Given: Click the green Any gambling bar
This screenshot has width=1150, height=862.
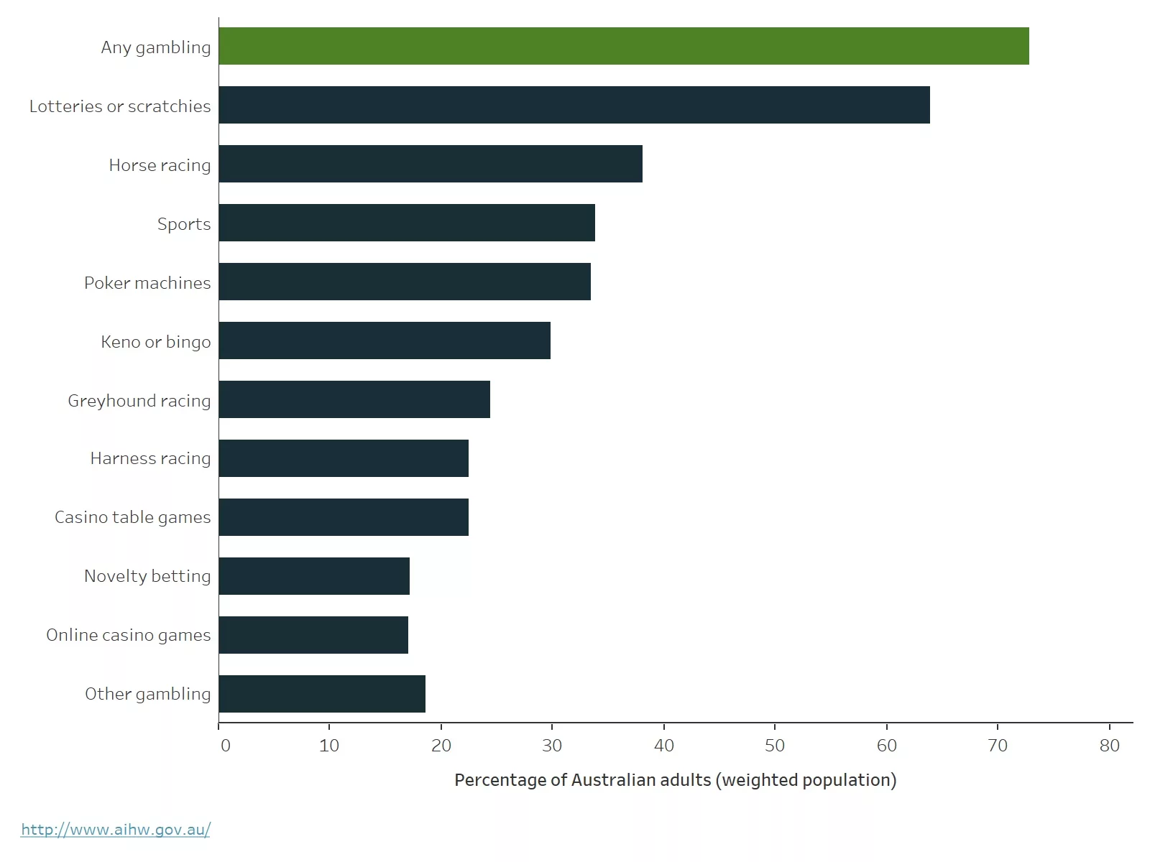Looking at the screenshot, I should point(624,46).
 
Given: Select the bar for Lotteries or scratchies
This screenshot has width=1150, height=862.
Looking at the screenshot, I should point(574,105).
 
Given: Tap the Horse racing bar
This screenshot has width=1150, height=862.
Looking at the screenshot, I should point(431,164).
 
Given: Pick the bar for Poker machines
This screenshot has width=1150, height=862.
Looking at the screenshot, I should point(405,282).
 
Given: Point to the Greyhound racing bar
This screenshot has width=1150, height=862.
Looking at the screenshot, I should point(354,399).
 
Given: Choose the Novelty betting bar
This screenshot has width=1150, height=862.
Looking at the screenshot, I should point(314,576).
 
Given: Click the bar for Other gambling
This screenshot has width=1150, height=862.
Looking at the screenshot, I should point(322,694).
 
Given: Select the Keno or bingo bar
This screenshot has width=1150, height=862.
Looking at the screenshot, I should point(385,340).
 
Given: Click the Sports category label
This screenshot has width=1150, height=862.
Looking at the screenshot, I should point(184,224).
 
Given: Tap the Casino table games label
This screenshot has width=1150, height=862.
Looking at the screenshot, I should point(133,517).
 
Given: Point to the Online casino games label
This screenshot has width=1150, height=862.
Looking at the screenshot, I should point(129,635).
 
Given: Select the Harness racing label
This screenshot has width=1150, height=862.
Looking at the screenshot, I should point(150,458).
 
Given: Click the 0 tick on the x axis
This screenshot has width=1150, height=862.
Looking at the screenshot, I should point(225,746).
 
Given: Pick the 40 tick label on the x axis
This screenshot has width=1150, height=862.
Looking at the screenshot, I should point(663,746).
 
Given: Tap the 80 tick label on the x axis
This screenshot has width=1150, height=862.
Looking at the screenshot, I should point(1109,746).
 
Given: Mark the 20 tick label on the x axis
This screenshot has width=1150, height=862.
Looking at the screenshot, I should point(441,746).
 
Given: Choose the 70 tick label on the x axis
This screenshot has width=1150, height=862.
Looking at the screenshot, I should point(998,746).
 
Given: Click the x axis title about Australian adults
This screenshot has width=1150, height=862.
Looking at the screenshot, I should point(675,780).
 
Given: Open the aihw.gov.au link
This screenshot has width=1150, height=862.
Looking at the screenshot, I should point(116,830).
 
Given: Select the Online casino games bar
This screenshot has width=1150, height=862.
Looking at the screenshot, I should point(313,635).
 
